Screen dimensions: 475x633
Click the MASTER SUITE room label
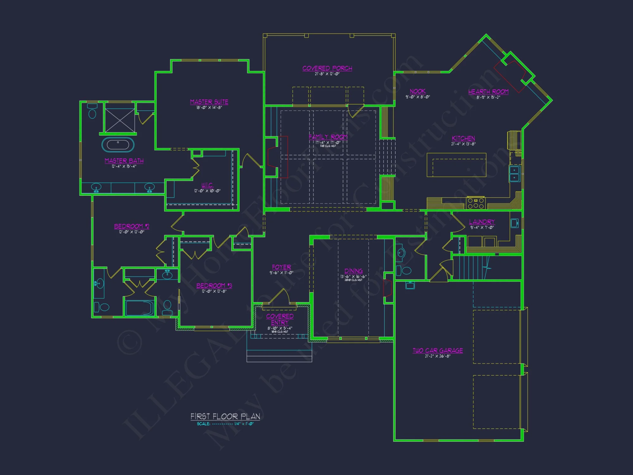pos(209,102)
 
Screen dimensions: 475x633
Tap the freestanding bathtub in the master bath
pos(118,145)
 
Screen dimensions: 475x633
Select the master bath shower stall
pos(120,120)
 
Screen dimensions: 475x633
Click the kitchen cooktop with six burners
pos(476,203)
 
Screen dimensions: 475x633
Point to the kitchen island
pos(456,165)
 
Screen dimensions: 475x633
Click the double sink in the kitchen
pos(514,174)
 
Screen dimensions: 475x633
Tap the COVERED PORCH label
pos(327,68)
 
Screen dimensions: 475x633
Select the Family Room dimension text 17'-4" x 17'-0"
pos(328,142)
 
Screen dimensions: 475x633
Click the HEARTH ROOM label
pos(488,92)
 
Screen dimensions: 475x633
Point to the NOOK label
pos(417,91)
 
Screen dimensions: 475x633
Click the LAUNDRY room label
pos(482,222)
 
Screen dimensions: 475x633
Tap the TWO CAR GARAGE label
pos(437,350)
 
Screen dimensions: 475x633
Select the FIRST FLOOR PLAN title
pos(225,416)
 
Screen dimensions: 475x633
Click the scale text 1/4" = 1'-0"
pos(244,424)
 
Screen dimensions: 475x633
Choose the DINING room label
pos(353,271)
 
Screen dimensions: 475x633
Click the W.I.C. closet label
pos(207,185)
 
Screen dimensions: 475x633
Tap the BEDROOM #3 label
pos(214,285)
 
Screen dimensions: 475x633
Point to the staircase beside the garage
pos(471,268)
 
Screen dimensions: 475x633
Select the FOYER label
pos(281,267)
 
